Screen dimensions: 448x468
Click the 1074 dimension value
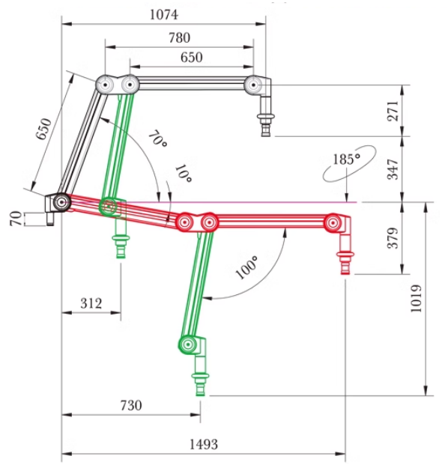(163, 15)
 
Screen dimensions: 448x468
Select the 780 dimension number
(179, 38)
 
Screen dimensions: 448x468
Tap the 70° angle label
(157, 139)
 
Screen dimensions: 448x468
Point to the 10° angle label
(183, 174)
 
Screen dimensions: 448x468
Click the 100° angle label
(246, 267)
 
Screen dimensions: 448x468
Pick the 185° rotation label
(346, 159)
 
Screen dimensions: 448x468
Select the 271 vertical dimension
(393, 111)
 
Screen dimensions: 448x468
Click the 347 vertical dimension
(393, 169)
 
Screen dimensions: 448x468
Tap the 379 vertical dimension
(393, 238)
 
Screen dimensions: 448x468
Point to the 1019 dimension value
(416, 299)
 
